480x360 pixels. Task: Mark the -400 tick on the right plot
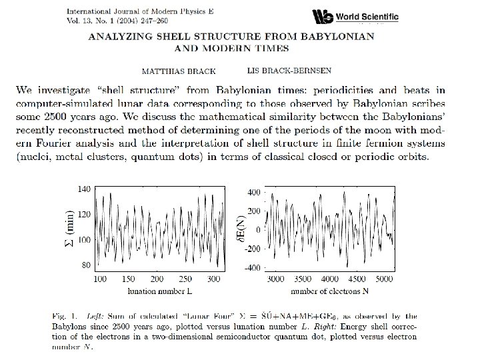[252, 268]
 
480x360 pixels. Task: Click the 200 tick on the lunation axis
[157, 279]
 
